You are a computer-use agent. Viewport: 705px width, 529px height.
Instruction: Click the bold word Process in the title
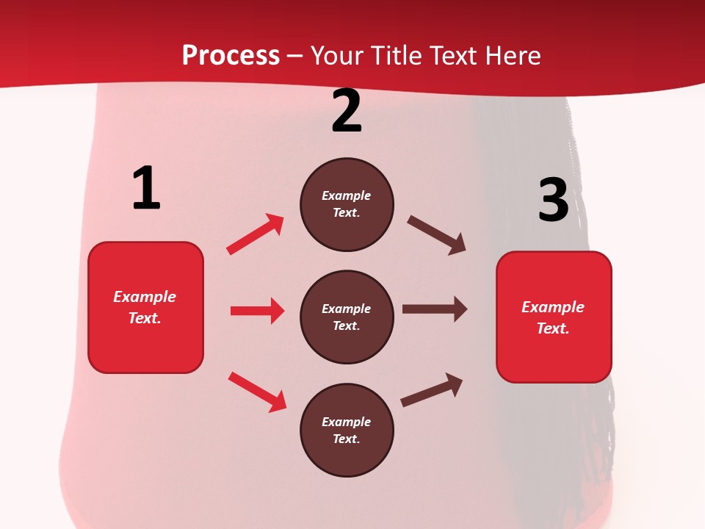coord(231,56)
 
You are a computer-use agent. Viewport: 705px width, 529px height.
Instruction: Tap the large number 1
coord(146,188)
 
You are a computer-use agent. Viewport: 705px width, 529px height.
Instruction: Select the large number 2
coord(347,111)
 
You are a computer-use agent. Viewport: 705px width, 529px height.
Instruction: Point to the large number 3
coord(553,201)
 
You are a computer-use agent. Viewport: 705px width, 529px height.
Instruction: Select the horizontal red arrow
coord(257,311)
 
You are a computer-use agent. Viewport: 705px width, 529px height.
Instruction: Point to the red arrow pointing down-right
coord(257,392)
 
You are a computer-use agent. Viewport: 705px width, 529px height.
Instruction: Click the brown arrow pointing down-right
coord(437,235)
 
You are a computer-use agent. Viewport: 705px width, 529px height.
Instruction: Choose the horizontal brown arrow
coord(434,309)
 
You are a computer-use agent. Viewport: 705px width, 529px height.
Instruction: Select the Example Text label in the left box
coord(145,307)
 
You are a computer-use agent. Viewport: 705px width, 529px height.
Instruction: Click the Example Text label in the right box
coord(553,317)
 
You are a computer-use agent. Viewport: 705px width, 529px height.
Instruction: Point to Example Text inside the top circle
coord(347,204)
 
